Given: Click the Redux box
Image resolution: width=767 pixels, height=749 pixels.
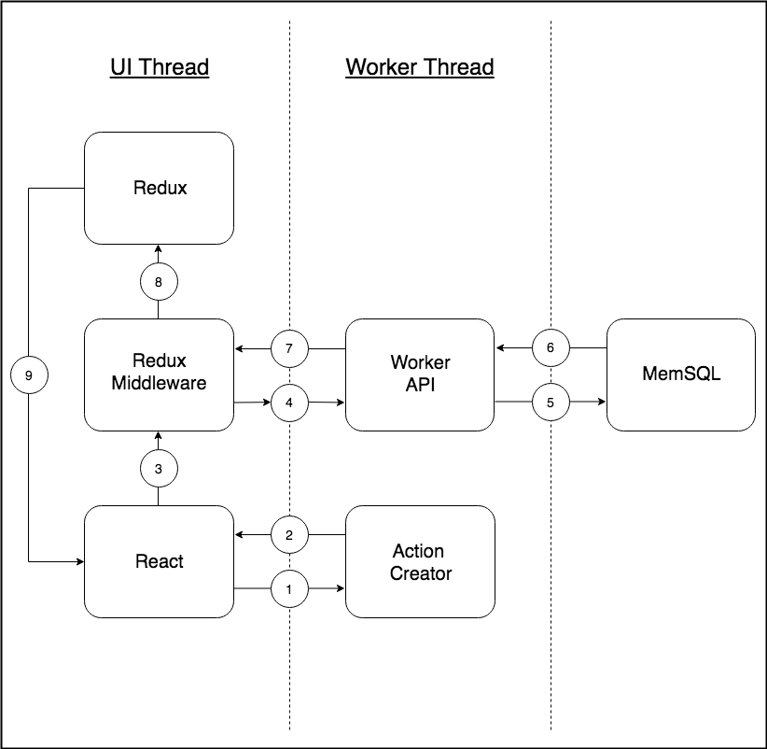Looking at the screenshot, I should (x=159, y=188).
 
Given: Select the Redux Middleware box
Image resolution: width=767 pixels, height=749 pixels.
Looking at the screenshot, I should (x=159, y=374).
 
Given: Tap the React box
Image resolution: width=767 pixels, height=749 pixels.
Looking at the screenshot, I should (x=159, y=561).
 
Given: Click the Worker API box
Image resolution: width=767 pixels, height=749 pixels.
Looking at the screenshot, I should (x=420, y=374).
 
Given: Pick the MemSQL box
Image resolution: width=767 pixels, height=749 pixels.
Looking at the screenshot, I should (x=681, y=374).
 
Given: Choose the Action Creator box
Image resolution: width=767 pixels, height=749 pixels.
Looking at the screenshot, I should (x=420, y=561).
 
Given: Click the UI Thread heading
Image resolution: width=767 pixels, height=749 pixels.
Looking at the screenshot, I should (x=159, y=67).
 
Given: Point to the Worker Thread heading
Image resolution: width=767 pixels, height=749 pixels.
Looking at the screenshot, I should (x=420, y=67).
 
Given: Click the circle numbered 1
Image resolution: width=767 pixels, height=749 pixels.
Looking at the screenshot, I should (x=289, y=589).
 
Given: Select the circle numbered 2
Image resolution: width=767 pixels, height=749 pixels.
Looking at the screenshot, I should (x=289, y=535).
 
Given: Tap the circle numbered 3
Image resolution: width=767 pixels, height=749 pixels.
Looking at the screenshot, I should (x=159, y=469).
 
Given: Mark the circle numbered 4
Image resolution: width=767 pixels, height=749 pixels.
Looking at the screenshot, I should (x=289, y=403).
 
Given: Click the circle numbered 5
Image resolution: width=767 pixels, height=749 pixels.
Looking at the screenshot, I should (x=551, y=403).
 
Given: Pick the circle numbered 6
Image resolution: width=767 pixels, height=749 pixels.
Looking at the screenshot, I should (x=551, y=348).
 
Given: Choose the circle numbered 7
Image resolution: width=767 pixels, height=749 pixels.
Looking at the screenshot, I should (x=289, y=348).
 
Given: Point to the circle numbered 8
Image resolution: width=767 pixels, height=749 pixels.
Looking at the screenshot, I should (x=159, y=281).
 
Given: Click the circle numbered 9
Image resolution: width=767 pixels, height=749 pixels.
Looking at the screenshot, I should (x=29, y=374).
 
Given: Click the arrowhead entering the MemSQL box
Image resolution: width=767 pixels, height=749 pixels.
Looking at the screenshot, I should (x=601, y=403).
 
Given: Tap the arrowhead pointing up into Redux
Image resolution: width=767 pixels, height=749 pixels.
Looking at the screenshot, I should (x=159, y=249).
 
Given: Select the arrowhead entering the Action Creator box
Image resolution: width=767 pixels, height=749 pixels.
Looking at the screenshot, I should (x=340, y=589).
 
